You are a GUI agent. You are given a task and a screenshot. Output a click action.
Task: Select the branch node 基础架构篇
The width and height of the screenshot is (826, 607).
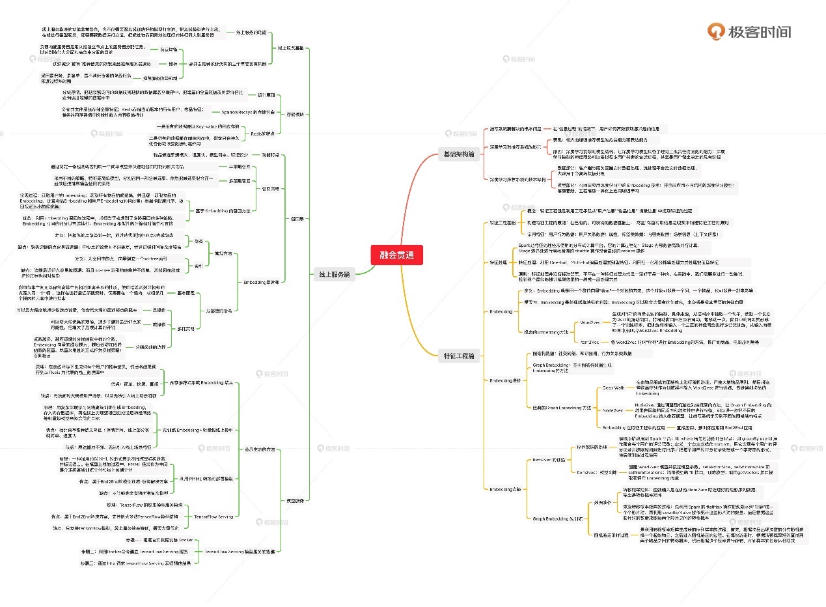pyautogui.click(x=458, y=154)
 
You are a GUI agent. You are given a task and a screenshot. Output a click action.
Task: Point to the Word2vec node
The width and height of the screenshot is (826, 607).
pyautogui.click(x=588, y=322)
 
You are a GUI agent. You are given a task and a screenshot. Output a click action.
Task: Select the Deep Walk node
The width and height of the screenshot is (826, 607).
pyautogui.click(x=613, y=388)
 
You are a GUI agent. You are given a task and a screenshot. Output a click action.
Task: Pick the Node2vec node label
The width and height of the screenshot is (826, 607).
pyautogui.click(x=613, y=411)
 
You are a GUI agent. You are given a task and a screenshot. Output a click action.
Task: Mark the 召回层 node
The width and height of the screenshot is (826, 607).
pyautogui.click(x=296, y=219)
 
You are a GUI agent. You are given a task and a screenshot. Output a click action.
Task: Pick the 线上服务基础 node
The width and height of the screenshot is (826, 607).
pyautogui.click(x=291, y=48)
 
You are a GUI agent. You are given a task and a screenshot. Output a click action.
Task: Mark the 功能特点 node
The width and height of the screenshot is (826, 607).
pyautogui.click(x=269, y=155)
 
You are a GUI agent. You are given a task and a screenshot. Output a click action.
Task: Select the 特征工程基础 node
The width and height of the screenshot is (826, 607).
pyautogui.click(x=504, y=223)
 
